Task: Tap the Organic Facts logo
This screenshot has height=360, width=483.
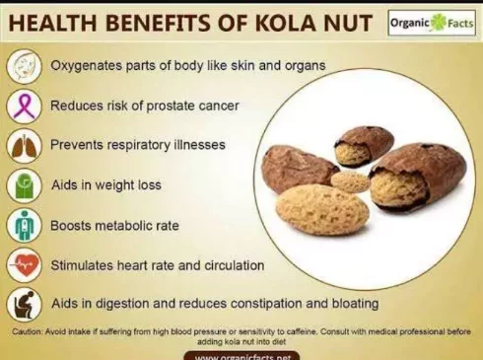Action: [x=432, y=23]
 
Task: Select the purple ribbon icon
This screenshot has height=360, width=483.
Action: [x=24, y=107]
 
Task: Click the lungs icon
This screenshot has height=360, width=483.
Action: [x=24, y=146]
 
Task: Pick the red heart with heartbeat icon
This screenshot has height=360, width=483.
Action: [x=24, y=265]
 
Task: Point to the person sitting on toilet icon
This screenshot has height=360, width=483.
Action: [x=24, y=305]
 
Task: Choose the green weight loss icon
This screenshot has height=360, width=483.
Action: [x=24, y=185]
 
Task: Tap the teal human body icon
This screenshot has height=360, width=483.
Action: [x=24, y=226]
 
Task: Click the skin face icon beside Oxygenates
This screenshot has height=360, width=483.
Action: [x=24, y=66]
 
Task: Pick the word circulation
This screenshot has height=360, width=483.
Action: [x=235, y=265]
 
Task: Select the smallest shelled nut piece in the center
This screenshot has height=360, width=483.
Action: [x=350, y=181]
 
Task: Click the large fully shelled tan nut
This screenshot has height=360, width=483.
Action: [x=322, y=210]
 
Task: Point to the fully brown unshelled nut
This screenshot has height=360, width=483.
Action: [x=299, y=169]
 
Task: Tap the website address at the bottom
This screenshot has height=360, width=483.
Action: [x=242, y=357]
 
